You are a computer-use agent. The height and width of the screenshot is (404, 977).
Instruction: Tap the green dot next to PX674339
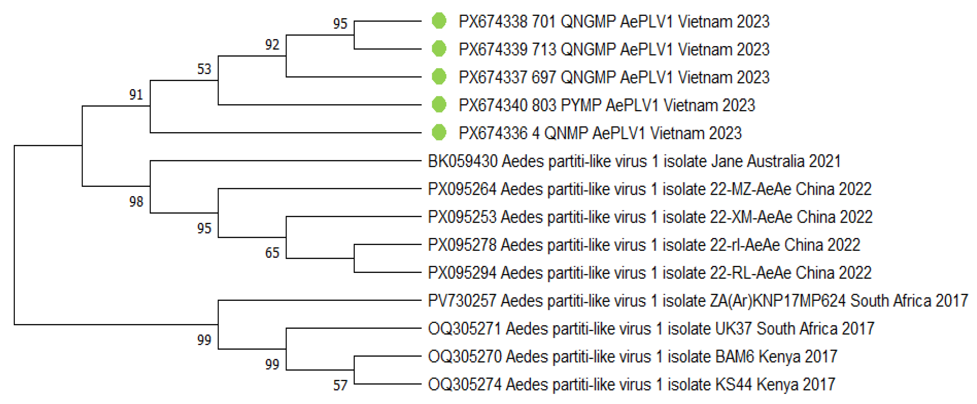pyautogui.click(x=439, y=49)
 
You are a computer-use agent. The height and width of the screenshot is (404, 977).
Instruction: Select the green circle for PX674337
pyautogui.click(x=439, y=76)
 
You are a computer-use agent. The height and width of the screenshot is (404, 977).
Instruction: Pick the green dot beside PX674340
pyautogui.click(x=439, y=104)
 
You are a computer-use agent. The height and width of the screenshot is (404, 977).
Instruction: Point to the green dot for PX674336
pyautogui.click(x=439, y=132)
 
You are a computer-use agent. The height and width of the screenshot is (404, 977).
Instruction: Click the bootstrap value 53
pyautogui.click(x=204, y=69)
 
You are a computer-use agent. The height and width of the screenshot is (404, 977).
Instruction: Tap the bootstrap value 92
pyautogui.click(x=272, y=45)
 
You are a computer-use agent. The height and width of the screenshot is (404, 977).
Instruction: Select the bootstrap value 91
pyautogui.click(x=136, y=94)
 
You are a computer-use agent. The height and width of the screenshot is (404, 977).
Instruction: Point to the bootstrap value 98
pyautogui.click(x=136, y=201)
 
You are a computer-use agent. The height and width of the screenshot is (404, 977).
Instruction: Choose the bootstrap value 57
pyautogui.click(x=340, y=385)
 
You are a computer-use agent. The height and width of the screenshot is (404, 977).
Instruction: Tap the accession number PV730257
pyautogui.click(x=461, y=301)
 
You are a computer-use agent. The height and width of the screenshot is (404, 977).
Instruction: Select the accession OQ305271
pyautogui.click(x=464, y=329)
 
